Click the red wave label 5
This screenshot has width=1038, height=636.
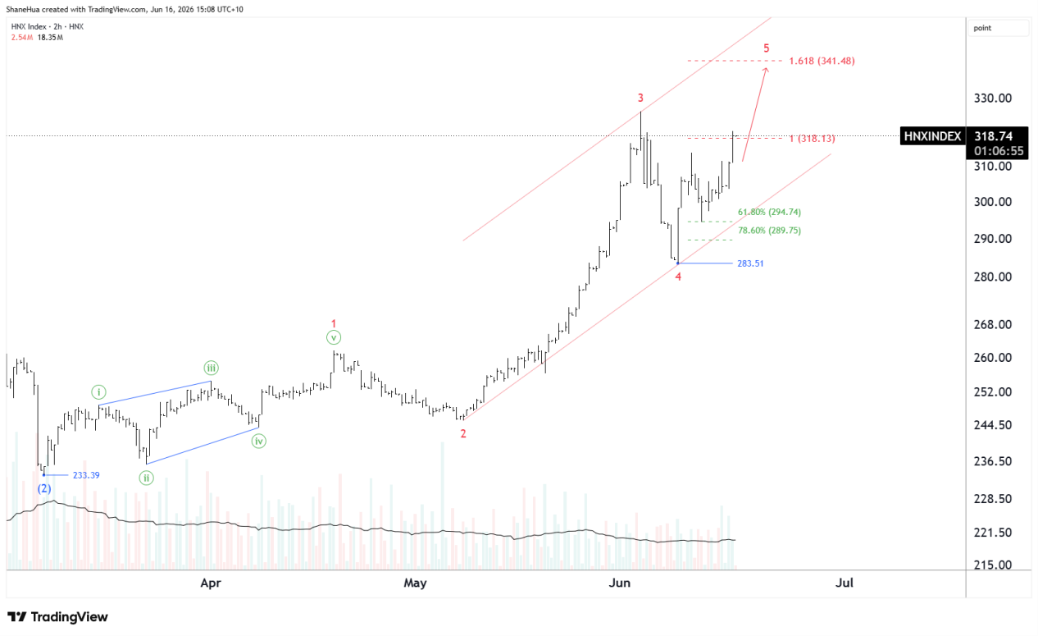point(766,48)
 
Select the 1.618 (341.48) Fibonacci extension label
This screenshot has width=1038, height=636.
point(822,61)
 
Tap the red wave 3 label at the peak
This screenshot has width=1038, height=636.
point(640,98)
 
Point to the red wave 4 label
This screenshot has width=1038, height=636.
point(678,277)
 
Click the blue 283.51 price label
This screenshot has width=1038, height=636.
point(750,263)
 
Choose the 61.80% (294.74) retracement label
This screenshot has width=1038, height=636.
point(769,212)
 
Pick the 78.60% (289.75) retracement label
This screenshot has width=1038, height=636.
point(769,231)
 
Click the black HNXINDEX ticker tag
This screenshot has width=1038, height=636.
point(932,136)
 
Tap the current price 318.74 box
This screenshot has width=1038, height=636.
point(994,136)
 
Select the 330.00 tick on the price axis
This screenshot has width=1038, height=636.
point(993,98)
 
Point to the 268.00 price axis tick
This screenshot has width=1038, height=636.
point(993,324)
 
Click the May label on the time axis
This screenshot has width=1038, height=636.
point(415,583)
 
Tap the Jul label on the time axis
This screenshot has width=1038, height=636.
point(845,583)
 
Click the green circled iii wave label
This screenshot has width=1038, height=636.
point(211,368)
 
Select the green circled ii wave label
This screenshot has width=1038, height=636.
point(147,478)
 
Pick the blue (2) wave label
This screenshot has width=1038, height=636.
point(44,488)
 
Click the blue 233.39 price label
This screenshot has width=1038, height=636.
point(86,475)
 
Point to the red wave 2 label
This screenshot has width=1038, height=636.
point(463,434)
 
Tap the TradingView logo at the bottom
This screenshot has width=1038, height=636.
point(58,617)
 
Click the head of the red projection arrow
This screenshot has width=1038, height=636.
point(766,68)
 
